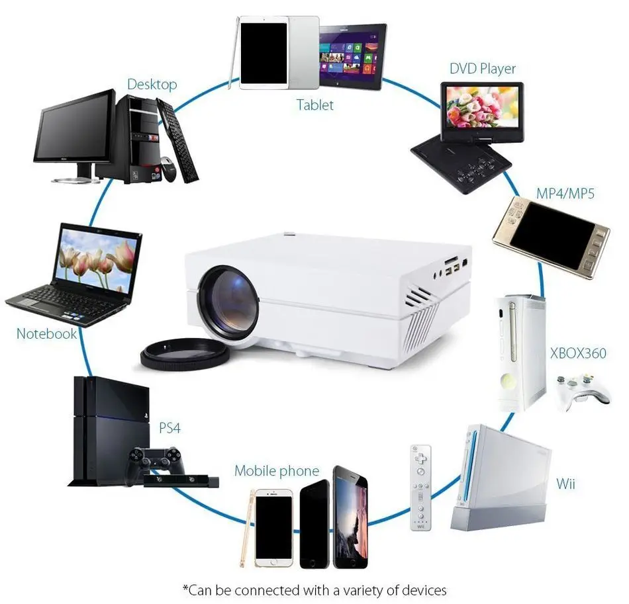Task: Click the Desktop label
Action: [152, 85]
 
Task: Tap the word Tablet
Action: [314, 105]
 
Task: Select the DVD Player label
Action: [482, 69]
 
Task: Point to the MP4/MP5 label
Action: [565, 194]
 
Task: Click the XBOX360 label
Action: [578, 353]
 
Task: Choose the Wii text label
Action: [565, 484]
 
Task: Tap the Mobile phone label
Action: [277, 472]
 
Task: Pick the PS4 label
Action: [169, 427]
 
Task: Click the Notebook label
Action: [46, 333]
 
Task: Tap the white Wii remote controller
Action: [420, 486]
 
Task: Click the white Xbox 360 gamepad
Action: [582, 390]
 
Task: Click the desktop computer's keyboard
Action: [177, 142]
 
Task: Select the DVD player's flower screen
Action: [481, 106]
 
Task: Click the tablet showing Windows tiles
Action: [352, 56]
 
